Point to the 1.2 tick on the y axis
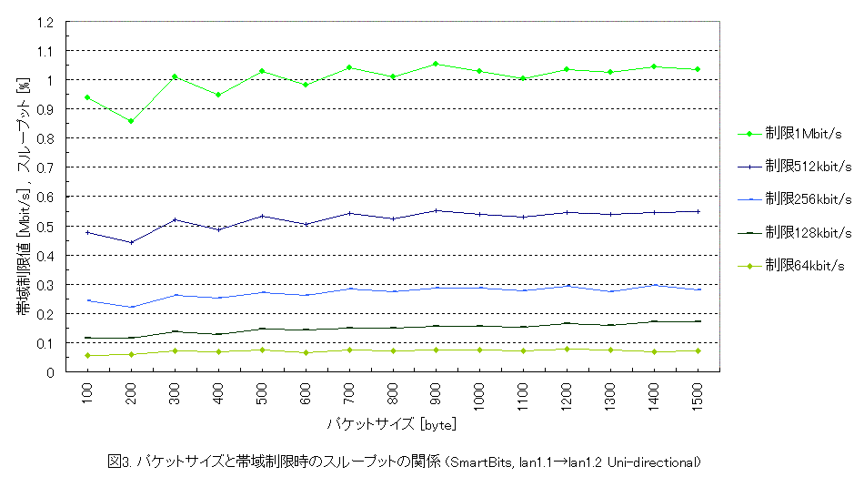[x=46, y=22]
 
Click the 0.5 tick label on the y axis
[x=46, y=227]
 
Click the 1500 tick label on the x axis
[x=698, y=394]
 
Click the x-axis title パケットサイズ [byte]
[x=392, y=424]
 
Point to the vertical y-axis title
[x=22, y=196]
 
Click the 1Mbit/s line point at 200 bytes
[x=131, y=121]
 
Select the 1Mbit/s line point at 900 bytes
[x=437, y=64]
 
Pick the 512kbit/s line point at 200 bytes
[x=131, y=242]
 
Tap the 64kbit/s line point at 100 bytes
[x=87, y=355]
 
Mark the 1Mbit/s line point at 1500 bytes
[x=698, y=69]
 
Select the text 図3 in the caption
[x=118, y=462]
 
